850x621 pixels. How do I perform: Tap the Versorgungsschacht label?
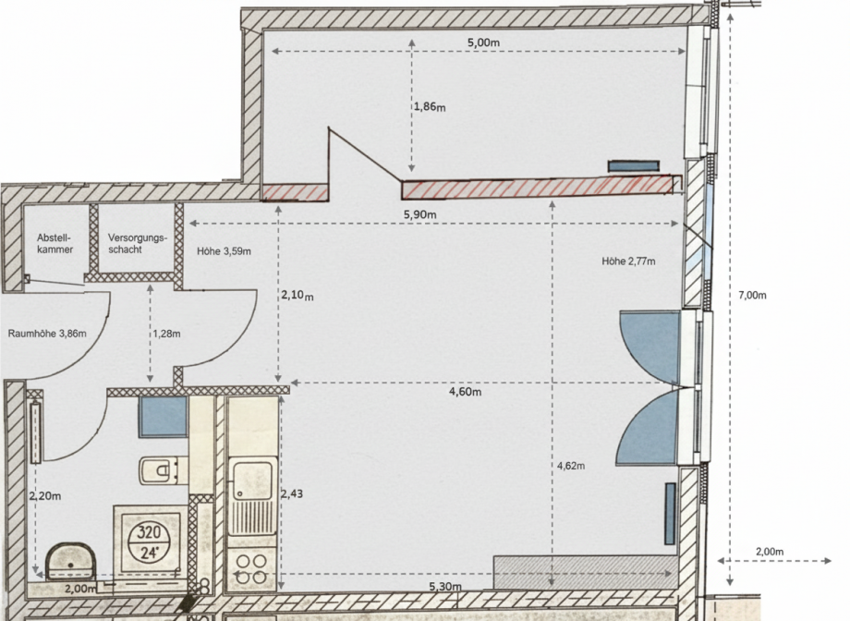(x=137, y=243)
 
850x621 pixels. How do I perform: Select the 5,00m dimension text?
(x=482, y=43)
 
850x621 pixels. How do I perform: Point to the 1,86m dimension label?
(x=430, y=107)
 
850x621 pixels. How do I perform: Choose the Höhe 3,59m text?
(x=224, y=250)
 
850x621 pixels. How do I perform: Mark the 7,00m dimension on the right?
(x=752, y=296)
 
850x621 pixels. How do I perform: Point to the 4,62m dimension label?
(x=572, y=466)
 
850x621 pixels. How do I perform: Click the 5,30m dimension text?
(x=446, y=587)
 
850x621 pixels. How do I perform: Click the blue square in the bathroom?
(x=164, y=417)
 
